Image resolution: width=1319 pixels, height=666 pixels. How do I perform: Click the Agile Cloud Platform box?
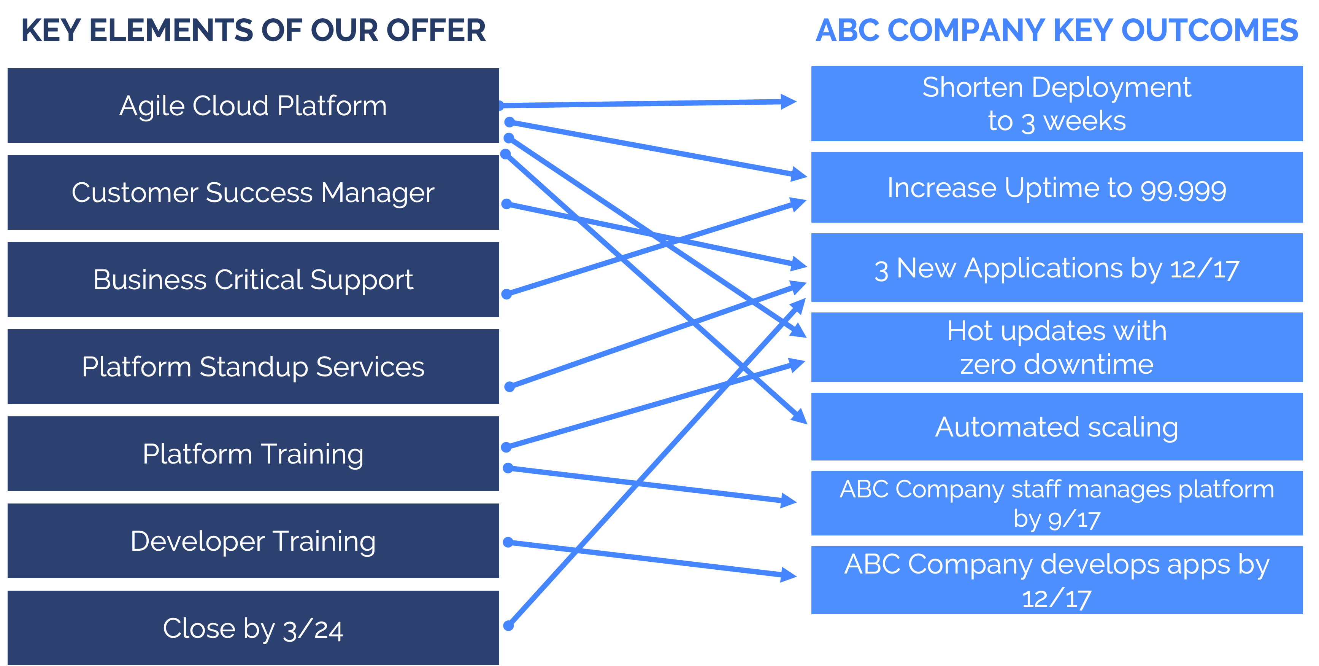(253, 105)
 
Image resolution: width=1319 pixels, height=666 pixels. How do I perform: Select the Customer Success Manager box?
(253, 193)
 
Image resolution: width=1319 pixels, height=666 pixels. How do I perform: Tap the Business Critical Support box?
(253, 280)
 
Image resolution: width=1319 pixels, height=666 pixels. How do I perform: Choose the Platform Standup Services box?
(253, 367)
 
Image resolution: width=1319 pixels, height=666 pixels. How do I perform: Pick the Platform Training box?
(253, 454)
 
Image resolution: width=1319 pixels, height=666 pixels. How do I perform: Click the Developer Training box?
(253, 541)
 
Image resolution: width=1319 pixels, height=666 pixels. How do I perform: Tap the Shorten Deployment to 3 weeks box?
(1056, 104)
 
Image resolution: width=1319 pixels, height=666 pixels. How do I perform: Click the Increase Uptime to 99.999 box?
(1056, 188)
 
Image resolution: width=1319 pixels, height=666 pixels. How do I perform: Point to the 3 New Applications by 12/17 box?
(1056, 268)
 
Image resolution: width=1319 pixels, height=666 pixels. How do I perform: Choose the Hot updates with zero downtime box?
(1056, 347)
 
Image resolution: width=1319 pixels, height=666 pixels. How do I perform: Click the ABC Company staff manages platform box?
(1056, 503)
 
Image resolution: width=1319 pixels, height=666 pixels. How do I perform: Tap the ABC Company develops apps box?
(1056, 580)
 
